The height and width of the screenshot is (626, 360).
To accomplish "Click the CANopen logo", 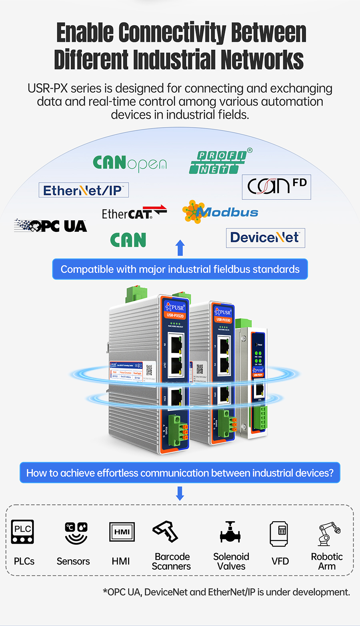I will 130,163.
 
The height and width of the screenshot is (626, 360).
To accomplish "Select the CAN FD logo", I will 276,187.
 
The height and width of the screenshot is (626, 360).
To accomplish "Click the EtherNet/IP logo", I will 84,190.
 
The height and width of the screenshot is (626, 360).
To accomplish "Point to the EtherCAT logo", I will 134,213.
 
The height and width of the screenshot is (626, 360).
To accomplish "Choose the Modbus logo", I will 220,212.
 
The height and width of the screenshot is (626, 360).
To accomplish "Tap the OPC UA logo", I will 51,226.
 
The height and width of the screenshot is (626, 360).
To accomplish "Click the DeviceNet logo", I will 265,237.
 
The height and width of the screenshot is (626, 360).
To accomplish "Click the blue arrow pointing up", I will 180,248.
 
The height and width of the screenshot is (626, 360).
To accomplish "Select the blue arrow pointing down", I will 180,493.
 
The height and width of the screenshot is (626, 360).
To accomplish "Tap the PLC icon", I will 22,532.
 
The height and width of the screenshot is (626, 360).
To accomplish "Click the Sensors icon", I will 76,533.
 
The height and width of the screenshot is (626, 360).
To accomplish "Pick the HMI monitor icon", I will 122,532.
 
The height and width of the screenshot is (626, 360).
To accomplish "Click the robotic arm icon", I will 329,534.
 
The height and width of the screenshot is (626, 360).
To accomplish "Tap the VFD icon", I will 279,533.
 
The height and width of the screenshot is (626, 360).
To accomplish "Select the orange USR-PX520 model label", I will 175,315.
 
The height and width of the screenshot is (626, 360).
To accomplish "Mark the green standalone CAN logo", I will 128,240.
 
